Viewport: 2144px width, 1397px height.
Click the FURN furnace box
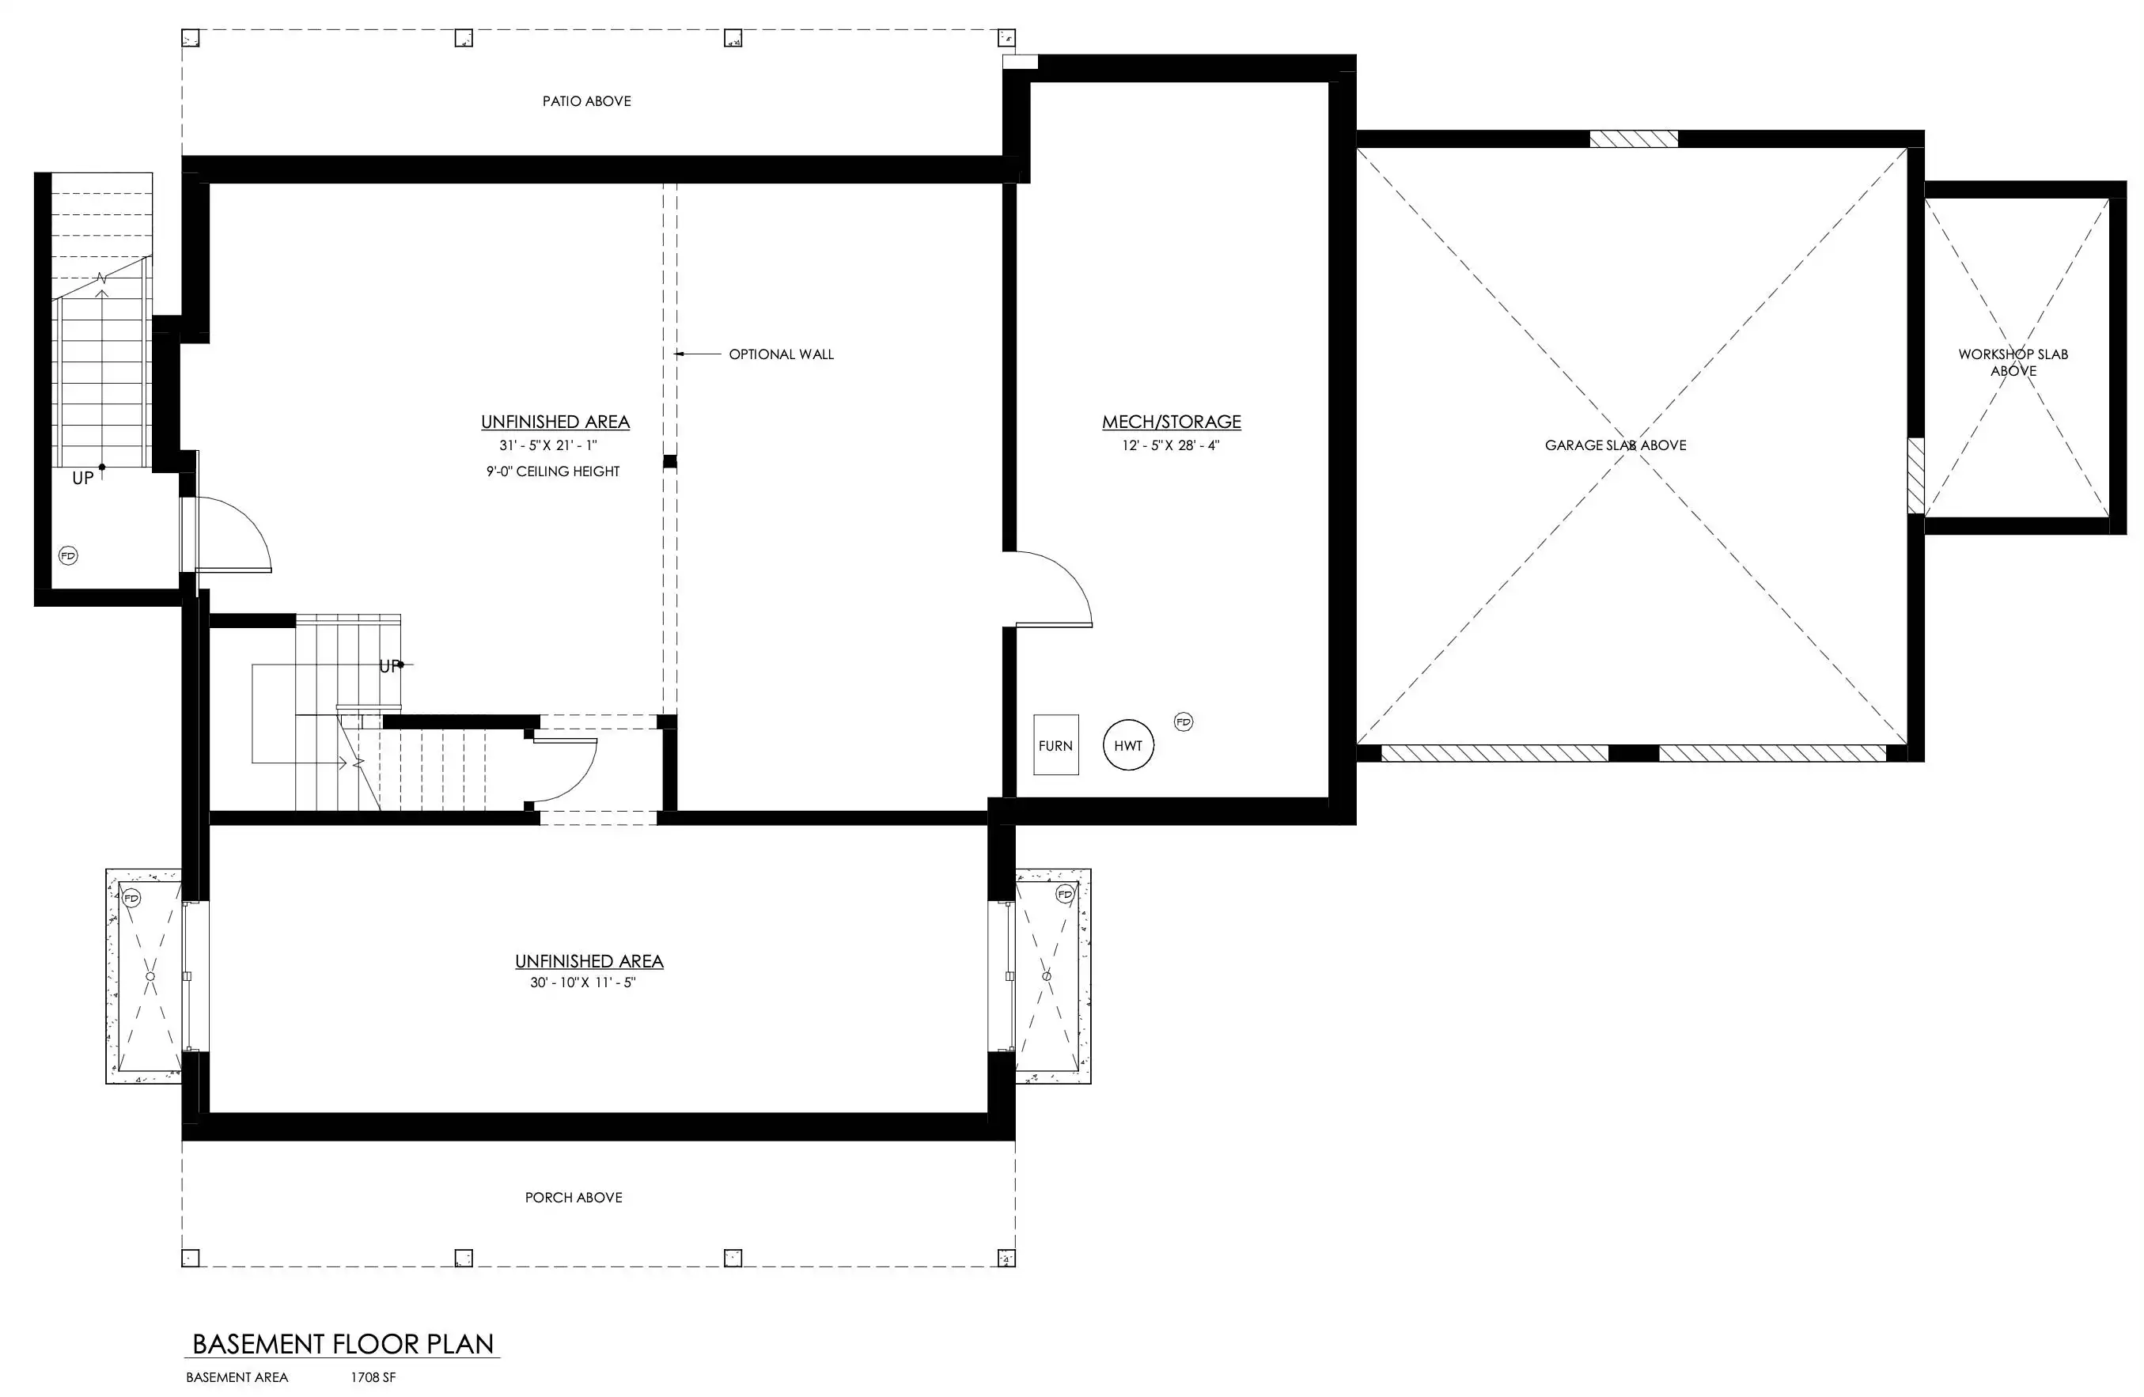[1056, 745]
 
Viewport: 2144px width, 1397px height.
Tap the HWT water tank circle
[1128, 745]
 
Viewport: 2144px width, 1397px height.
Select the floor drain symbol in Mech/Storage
[1184, 721]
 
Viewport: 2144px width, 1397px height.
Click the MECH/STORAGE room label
[1171, 422]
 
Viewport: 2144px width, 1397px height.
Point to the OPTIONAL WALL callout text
[781, 354]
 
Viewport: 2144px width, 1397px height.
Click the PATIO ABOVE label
[586, 101]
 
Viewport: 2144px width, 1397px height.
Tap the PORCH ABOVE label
[574, 1197]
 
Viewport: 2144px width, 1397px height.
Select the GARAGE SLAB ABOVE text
[1616, 445]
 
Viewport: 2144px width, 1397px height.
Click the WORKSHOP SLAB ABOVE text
[2013, 362]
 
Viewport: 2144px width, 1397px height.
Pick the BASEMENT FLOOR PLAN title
[343, 1344]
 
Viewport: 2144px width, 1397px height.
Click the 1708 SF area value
[373, 1377]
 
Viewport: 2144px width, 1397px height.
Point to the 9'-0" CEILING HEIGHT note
[553, 471]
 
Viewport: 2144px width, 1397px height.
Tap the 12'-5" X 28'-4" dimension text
[1170, 445]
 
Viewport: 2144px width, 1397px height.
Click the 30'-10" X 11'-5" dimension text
[583, 982]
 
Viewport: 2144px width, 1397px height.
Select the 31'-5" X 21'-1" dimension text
[547, 445]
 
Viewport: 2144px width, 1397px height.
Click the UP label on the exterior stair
[83, 479]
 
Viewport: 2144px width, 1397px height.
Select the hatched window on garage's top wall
[1633, 138]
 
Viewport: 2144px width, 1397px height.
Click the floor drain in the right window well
[1066, 895]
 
